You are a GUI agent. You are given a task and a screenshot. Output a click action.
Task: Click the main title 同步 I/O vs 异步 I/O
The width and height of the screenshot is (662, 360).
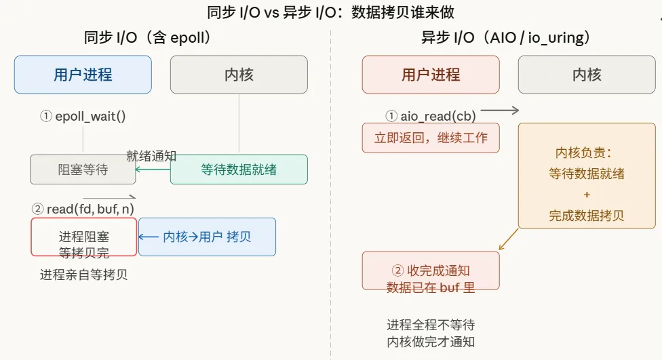(x=331, y=12)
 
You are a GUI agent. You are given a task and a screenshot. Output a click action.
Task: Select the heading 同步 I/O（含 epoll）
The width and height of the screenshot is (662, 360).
(x=147, y=38)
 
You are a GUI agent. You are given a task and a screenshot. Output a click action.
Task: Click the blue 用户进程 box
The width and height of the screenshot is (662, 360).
(x=83, y=75)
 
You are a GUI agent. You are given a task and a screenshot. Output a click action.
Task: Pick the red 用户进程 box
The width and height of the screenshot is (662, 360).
(x=431, y=75)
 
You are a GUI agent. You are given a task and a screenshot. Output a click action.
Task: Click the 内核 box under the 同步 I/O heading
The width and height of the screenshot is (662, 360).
(x=239, y=75)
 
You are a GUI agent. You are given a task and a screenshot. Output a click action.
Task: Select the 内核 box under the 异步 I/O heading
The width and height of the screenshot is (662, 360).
(x=587, y=75)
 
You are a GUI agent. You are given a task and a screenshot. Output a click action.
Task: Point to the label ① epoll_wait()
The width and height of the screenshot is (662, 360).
(x=83, y=116)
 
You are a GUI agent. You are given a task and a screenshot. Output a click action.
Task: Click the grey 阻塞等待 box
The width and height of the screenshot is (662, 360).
(x=83, y=169)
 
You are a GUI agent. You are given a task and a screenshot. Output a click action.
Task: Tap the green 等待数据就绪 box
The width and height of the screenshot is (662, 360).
(x=239, y=169)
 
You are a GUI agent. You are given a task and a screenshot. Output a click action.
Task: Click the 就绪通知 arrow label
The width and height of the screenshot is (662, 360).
(x=151, y=156)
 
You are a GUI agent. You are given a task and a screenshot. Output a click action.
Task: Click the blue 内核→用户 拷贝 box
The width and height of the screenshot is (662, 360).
(x=207, y=237)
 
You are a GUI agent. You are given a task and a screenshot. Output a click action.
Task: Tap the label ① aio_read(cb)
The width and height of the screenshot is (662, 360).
(x=431, y=116)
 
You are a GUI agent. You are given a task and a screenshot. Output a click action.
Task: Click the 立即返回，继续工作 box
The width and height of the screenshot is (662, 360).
(x=431, y=138)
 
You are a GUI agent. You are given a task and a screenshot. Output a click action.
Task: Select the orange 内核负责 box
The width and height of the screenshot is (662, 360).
(x=587, y=176)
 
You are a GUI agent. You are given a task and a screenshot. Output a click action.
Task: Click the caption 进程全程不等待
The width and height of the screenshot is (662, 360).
(x=431, y=325)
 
